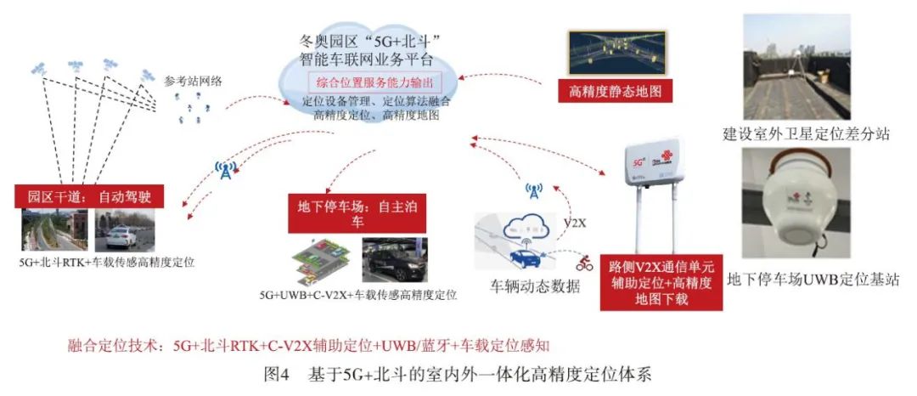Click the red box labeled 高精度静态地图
tap(610, 90)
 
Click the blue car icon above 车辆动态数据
tap(524, 258)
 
